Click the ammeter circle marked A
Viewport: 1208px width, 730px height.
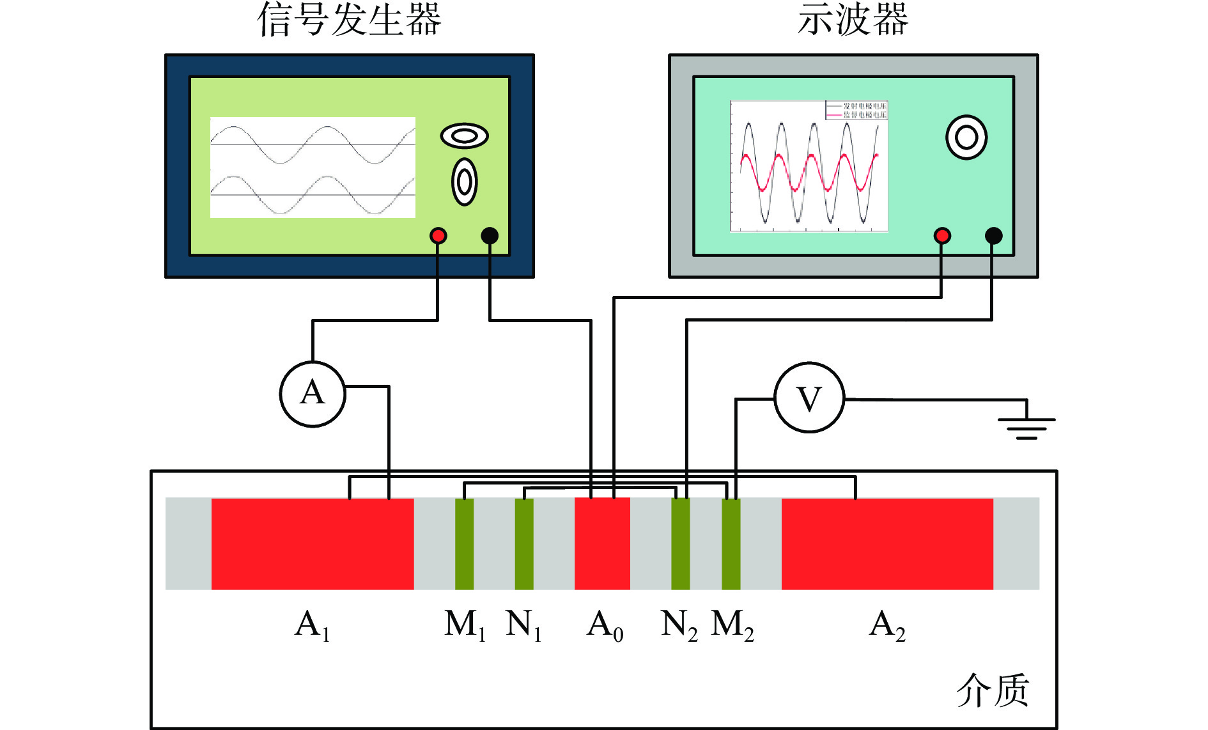(x=313, y=394)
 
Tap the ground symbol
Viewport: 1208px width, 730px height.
(x=1026, y=424)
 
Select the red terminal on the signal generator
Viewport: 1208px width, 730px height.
(x=438, y=236)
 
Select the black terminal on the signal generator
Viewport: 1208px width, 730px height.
(x=490, y=236)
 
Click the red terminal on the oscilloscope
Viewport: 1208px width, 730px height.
(x=941, y=236)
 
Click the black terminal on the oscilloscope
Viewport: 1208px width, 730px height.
(x=993, y=236)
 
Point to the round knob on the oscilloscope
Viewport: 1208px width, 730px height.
(x=966, y=137)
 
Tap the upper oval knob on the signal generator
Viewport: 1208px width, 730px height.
(x=465, y=136)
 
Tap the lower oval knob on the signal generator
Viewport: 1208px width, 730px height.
(x=465, y=182)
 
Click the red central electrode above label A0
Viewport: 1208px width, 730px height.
(x=602, y=543)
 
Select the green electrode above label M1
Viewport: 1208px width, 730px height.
(x=464, y=543)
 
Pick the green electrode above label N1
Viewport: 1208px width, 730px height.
(x=524, y=543)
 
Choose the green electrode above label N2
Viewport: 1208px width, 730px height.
(x=680, y=543)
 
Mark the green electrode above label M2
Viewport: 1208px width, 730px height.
(x=731, y=543)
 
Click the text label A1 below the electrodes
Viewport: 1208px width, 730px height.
(x=312, y=625)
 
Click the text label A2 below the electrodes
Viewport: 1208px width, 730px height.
(x=887, y=625)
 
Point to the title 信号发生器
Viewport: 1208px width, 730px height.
(x=349, y=19)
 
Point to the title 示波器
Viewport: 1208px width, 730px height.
(x=853, y=19)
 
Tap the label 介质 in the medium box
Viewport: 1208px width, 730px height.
(x=992, y=690)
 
